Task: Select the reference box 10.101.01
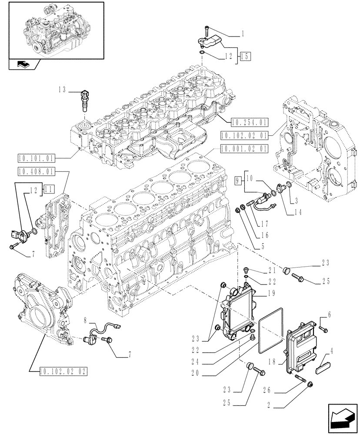[x=36, y=157]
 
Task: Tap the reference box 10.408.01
[x=36, y=171]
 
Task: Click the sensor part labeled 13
[x=84, y=100]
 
